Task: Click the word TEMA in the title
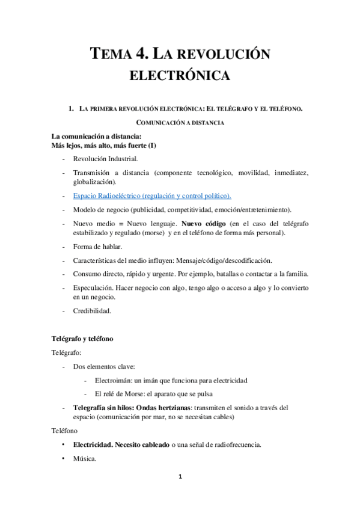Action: tap(111, 55)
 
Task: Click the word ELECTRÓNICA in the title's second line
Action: tap(180, 76)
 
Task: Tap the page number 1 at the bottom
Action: tap(180, 478)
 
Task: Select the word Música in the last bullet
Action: tap(85, 458)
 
